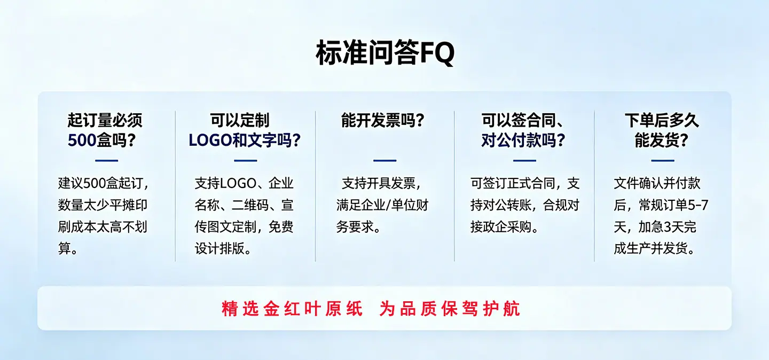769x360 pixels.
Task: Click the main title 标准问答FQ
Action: click(385, 52)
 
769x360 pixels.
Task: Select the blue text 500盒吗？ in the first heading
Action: click(102, 140)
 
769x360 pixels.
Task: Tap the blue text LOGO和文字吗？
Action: click(245, 140)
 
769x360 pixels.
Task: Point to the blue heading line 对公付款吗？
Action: click(523, 140)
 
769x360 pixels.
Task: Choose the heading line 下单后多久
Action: click(662, 120)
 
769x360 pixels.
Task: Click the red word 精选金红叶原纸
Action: click(292, 309)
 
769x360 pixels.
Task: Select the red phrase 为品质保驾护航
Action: click(450, 309)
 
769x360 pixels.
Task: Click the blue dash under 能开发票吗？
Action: click(385, 160)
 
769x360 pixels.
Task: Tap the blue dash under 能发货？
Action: click(663, 160)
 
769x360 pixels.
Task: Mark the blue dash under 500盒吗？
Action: click(106, 160)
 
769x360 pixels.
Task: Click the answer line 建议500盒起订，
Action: click(104, 183)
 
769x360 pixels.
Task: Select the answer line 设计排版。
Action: click(223, 248)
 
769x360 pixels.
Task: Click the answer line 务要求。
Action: click(358, 226)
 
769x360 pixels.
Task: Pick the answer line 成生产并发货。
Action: click(654, 248)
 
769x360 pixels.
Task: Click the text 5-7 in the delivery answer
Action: click(699, 205)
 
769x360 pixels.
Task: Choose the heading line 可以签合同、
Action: click(523, 120)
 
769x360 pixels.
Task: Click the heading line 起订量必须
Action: click(105, 120)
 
